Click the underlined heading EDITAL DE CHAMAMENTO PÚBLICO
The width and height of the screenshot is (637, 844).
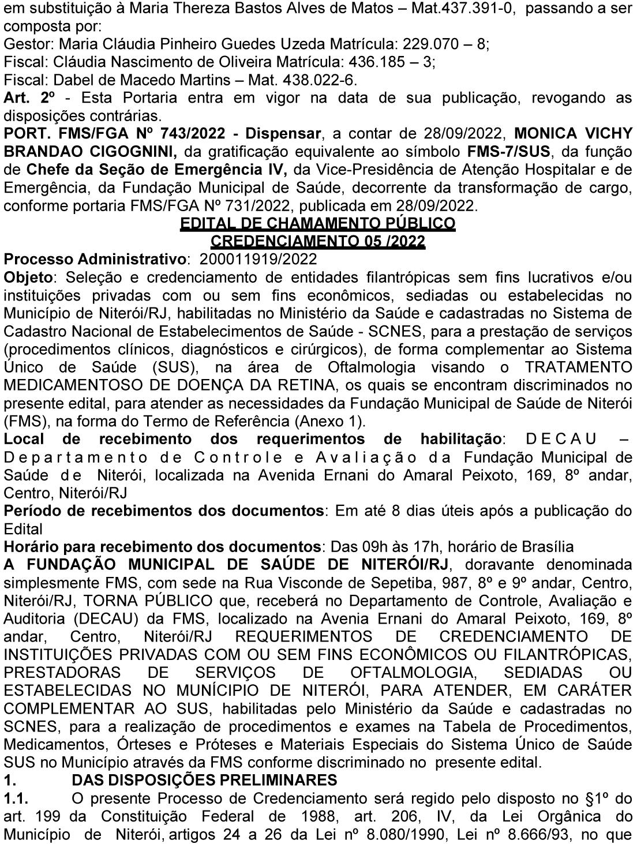pos(318,223)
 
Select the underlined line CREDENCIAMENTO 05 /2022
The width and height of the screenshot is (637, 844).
pos(318,241)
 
